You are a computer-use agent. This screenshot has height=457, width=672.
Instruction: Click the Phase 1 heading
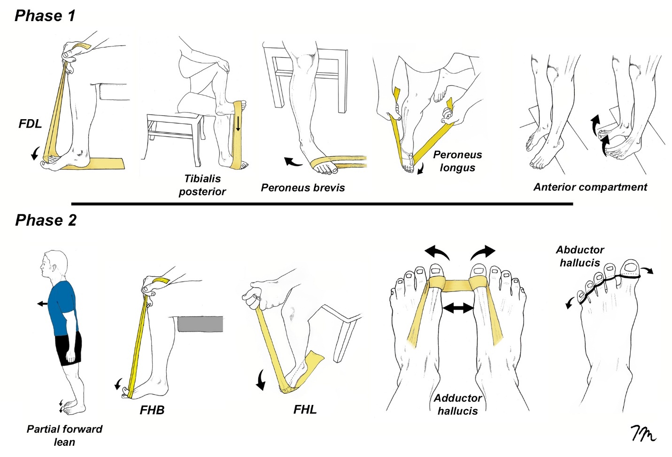[45, 15]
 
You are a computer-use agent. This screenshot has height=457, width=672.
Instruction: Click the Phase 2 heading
[46, 220]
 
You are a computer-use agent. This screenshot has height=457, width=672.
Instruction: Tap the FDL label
[30, 124]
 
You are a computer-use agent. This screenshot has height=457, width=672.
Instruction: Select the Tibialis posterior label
[202, 185]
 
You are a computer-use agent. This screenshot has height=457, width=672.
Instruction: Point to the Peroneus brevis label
[303, 188]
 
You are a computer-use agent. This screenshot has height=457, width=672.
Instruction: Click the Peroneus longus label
[457, 161]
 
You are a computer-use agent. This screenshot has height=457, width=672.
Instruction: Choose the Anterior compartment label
[590, 187]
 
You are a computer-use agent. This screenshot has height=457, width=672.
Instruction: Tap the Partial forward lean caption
[64, 435]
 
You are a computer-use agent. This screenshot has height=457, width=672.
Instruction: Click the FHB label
[152, 410]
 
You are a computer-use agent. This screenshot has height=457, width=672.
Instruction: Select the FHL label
[305, 410]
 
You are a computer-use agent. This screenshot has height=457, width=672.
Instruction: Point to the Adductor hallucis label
[457, 404]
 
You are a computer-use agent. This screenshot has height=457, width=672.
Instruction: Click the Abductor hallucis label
[580, 256]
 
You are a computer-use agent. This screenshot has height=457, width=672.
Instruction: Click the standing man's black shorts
[69, 347]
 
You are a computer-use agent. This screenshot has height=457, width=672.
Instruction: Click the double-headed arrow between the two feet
[458, 308]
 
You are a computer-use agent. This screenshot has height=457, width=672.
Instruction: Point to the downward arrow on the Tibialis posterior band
[238, 123]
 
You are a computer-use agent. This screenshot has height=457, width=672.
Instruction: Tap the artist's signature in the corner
[643, 434]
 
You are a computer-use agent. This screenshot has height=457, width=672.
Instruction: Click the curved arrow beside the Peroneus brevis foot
[294, 162]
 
